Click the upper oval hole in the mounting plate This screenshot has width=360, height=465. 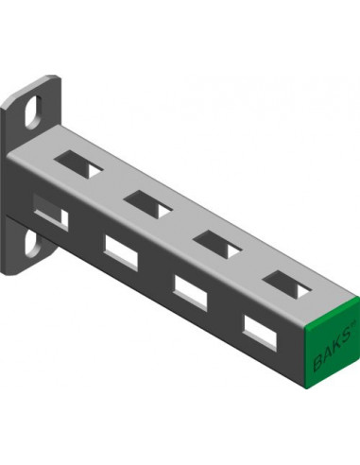click(33, 112)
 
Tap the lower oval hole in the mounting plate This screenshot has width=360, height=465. click(32, 244)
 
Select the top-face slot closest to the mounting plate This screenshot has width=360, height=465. click(78, 164)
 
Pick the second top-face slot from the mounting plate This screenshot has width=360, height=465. click(148, 204)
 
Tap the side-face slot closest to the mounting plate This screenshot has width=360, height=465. click(51, 212)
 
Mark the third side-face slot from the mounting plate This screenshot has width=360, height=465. click(191, 293)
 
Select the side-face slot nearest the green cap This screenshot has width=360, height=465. click(261, 334)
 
